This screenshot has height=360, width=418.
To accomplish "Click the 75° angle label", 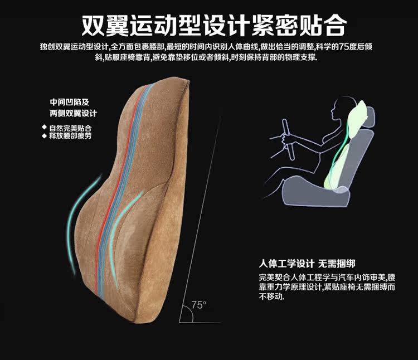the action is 198,305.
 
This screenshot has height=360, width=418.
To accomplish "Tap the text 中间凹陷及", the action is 69,103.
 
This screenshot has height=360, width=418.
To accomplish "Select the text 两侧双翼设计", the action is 73,114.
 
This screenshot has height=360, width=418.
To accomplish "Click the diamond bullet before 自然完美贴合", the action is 44,128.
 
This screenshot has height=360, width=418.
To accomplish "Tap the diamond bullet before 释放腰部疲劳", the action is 44,135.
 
